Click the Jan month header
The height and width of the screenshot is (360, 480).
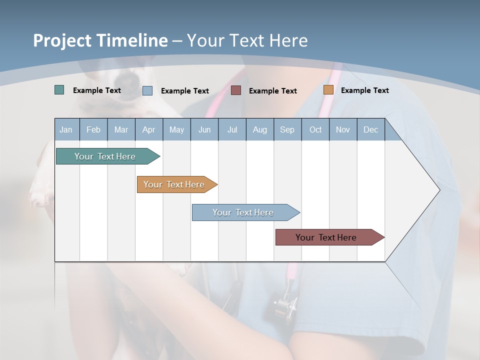(66, 130)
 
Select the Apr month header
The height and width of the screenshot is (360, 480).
(148, 130)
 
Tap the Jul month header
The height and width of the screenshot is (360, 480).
(232, 130)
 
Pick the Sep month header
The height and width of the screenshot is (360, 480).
(287, 130)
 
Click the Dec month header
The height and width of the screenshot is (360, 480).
(370, 130)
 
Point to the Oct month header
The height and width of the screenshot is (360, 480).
(315, 130)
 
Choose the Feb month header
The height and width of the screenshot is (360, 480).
(93, 130)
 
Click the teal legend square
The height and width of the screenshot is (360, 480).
(59, 90)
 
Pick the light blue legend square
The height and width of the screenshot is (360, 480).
(147, 90)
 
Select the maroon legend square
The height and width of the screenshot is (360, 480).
(236, 90)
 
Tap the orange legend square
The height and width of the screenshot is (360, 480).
(328, 90)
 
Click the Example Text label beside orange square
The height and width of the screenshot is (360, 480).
(364, 90)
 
